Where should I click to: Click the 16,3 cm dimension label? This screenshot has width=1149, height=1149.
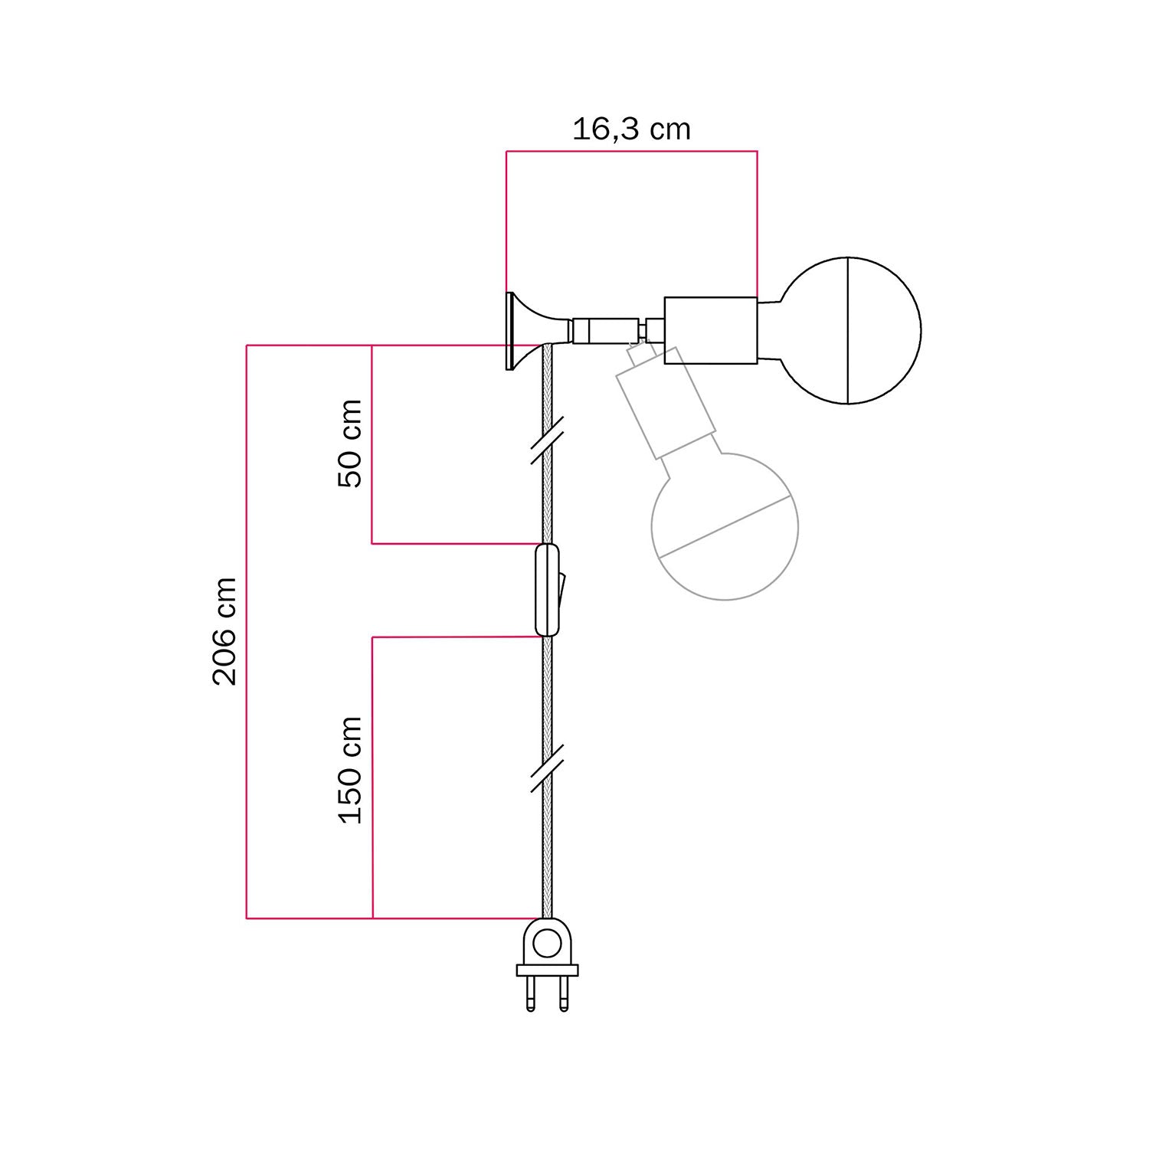(631, 129)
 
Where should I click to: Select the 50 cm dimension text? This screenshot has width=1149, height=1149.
(350, 443)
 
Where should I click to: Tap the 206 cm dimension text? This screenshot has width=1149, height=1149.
(224, 631)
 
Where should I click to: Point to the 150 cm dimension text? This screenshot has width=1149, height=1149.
(350, 770)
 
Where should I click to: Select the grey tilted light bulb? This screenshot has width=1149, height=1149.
(724, 526)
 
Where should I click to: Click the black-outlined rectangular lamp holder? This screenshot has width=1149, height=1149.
(710, 330)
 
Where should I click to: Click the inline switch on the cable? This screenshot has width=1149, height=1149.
(546, 590)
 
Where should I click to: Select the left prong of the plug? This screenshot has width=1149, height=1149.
(530, 994)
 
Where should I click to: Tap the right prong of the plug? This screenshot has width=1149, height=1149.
(564, 994)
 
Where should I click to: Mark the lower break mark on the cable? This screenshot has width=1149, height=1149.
(547, 768)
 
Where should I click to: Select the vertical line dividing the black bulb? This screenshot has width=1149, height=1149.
(848, 331)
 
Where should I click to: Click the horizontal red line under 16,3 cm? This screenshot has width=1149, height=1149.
(631, 152)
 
